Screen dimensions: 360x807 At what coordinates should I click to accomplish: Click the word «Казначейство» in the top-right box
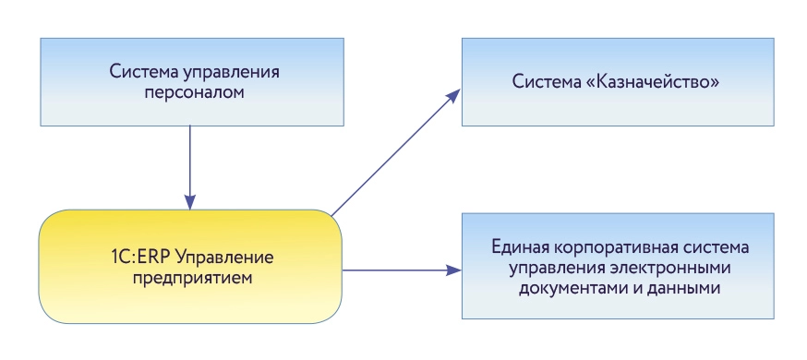pos(661,83)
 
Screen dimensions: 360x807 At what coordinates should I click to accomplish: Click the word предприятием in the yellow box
pos(190,276)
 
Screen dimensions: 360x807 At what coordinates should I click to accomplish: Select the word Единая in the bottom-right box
pos(518,249)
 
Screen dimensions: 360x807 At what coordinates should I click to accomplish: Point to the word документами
pos(565,290)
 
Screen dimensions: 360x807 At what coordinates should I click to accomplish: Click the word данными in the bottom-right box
pos(684,290)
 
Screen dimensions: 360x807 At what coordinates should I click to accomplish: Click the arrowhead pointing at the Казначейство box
pos(454,93)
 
